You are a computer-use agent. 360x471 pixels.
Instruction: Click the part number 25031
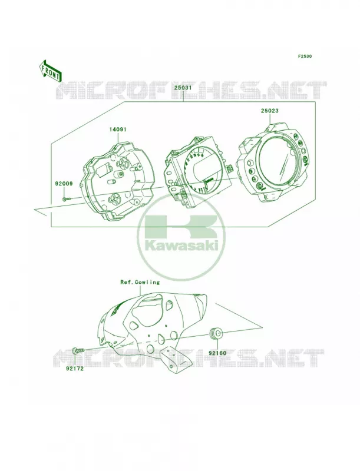183,88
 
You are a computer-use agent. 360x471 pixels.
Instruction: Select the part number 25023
269,111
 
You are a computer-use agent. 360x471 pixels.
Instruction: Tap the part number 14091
118,130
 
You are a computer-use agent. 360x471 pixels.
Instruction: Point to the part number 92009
64,184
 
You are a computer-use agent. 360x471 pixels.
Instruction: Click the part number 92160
217,353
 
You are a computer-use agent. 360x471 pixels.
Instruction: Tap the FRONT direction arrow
50,71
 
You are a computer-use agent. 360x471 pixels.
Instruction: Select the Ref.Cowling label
140,283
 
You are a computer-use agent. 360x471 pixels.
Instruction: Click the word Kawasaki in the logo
182,246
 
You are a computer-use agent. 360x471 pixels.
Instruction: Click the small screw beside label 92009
67,198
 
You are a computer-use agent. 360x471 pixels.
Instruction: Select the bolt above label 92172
78,350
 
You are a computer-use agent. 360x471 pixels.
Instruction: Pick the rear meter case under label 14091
115,181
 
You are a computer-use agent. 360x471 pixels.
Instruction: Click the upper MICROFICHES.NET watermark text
190,90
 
